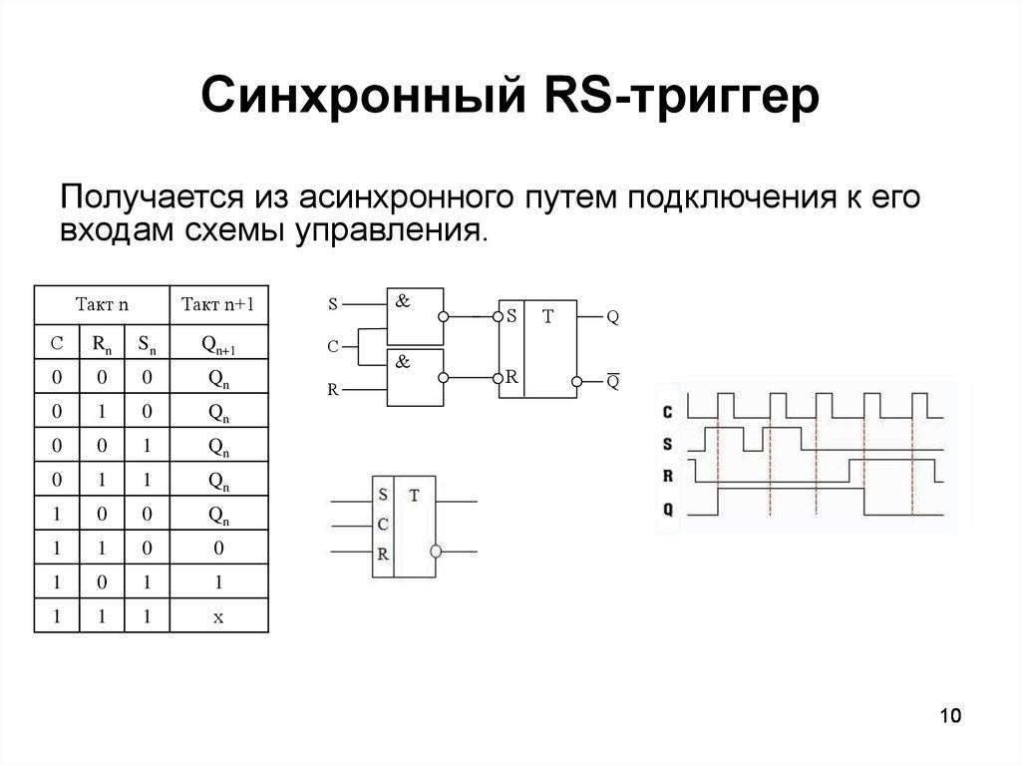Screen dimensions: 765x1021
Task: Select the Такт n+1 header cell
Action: pyautogui.click(x=218, y=305)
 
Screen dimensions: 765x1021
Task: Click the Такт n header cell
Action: pyautogui.click(x=103, y=305)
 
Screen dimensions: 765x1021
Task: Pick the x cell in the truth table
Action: pyautogui.click(x=218, y=617)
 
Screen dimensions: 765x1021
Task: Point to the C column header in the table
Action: pyautogui.click(x=57, y=344)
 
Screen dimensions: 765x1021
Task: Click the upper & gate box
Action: pyautogui.click(x=415, y=316)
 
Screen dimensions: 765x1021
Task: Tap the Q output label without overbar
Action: pyautogui.click(x=613, y=317)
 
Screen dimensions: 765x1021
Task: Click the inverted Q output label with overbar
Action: pyautogui.click(x=613, y=381)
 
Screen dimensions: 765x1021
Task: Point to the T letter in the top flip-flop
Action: pyautogui.click(x=546, y=317)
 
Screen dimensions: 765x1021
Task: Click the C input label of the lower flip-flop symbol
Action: pyautogui.click(x=383, y=524)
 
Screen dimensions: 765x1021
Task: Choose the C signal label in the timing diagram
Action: pyautogui.click(x=667, y=411)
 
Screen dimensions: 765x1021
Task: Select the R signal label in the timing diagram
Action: pyautogui.click(x=667, y=476)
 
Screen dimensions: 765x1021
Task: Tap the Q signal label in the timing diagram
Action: pyautogui.click(x=667, y=509)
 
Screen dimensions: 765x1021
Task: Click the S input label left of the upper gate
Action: pyautogui.click(x=332, y=302)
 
